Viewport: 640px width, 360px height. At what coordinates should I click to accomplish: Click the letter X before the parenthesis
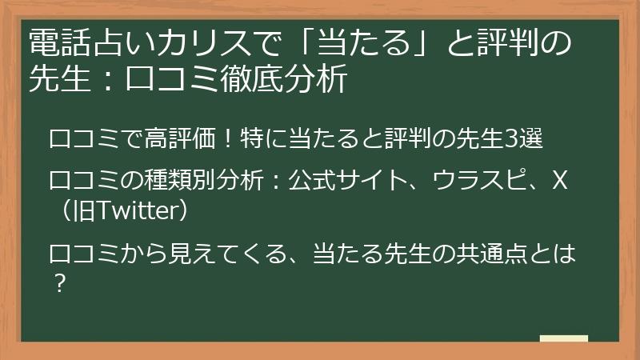coord(560,182)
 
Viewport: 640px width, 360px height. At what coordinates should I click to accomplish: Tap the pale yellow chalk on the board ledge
coord(563,338)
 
